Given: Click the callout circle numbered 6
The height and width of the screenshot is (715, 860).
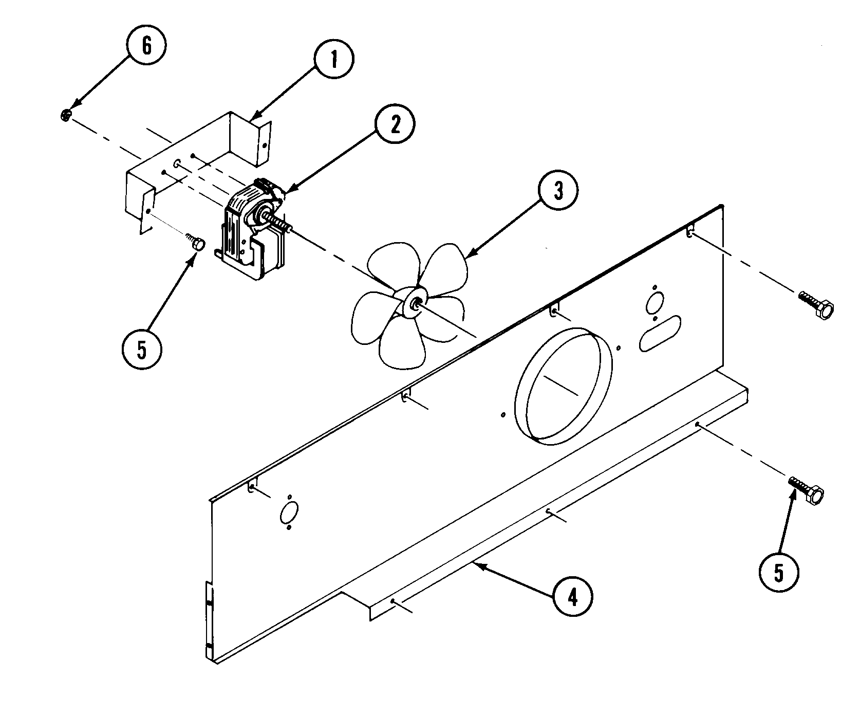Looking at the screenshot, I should (x=146, y=46).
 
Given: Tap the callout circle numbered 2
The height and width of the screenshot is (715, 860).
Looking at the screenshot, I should (x=395, y=126).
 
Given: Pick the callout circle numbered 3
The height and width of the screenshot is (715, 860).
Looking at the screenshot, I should (x=558, y=191).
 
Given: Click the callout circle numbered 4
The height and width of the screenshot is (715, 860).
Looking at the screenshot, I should (x=573, y=597).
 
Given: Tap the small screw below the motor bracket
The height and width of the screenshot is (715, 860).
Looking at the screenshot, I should (x=196, y=242).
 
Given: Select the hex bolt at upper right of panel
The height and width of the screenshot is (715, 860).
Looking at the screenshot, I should (x=817, y=305).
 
